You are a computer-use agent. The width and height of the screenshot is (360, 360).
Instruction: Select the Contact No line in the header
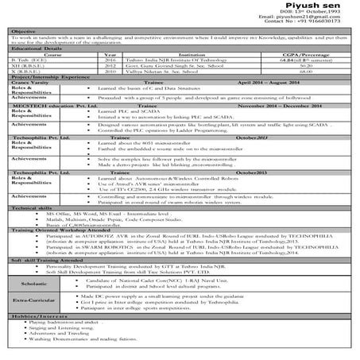[x=315, y=29]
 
